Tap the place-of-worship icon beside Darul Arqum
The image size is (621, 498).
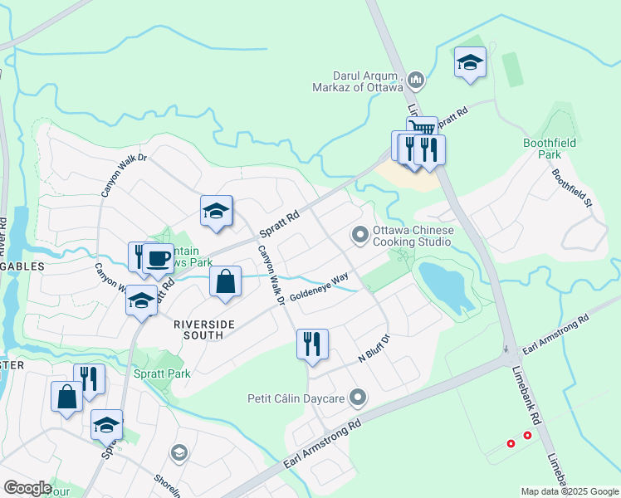coord(416,81)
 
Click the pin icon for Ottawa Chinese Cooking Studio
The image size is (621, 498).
coord(359,236)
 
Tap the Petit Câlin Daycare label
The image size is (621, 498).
coord(296,398)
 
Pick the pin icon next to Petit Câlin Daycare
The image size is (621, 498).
coord(358,398)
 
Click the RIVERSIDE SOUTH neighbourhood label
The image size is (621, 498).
coord(200,329)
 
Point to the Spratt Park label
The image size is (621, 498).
coord(162,373)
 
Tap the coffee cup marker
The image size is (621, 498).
coord(158,257)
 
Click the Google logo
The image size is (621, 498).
coord(27,488)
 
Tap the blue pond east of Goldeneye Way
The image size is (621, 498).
coord(447,287)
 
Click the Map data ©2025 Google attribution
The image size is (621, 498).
coord(570,491)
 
